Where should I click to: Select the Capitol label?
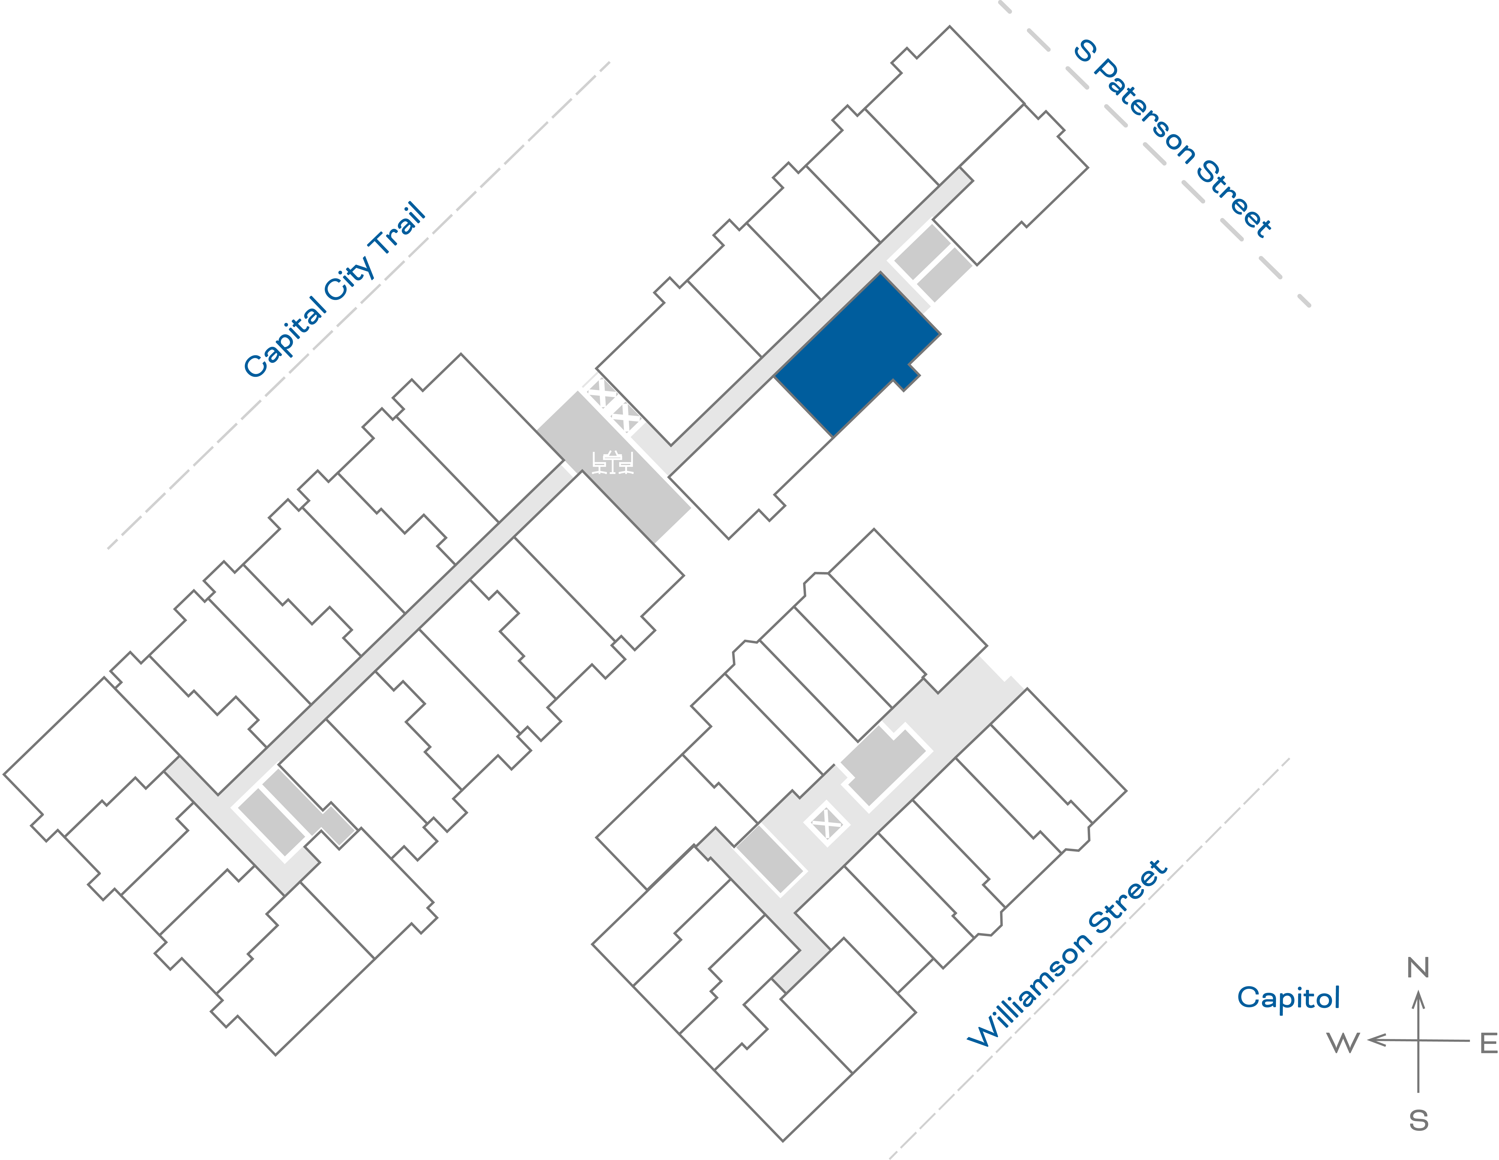(x=1288, y=997)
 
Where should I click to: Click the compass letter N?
(x=1418, y=968)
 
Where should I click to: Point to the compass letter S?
(x=1419, y=1121)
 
